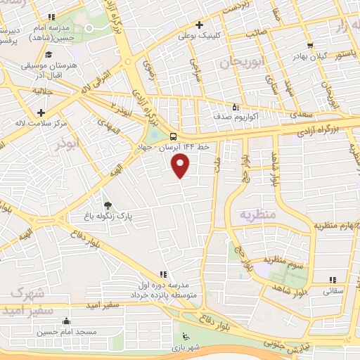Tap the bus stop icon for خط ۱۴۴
(174, 138)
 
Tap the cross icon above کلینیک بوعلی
(200, 24)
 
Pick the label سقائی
(333, 290)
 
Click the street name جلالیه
(44, 91)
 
